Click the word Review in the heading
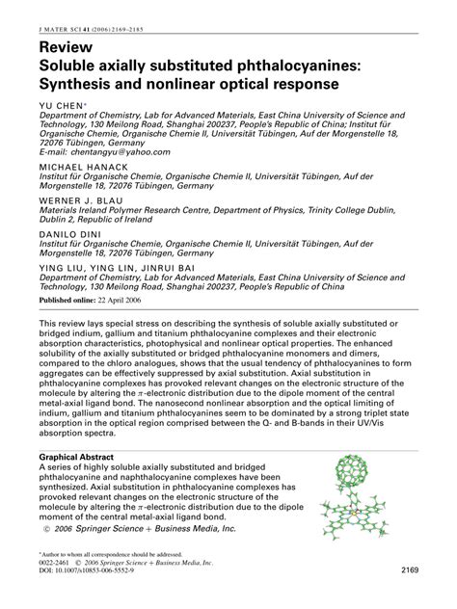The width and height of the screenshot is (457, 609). tap(67, 47)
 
